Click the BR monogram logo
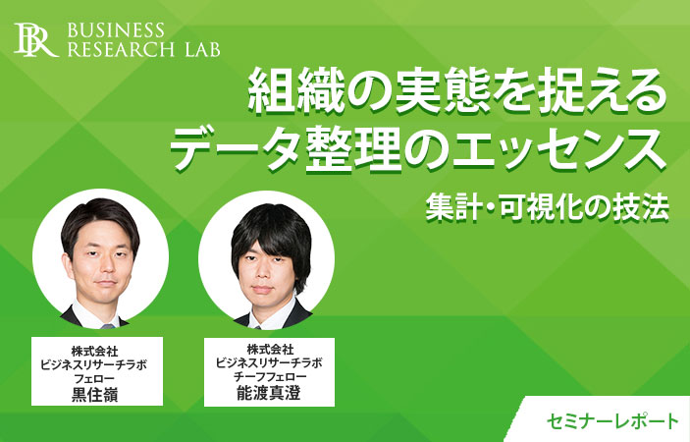(x=35, y=40)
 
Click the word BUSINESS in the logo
(x=116, y=30)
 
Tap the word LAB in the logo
(x=202, y=50)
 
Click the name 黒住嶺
(x=94, y=395)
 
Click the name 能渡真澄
(x=268, y=393)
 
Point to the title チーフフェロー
(x=270, y=377)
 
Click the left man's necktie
(x=108, y=326)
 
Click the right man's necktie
(x=258, y=327)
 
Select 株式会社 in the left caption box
(x=94, y=352)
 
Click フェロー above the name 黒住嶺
(x=94, y=378)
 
